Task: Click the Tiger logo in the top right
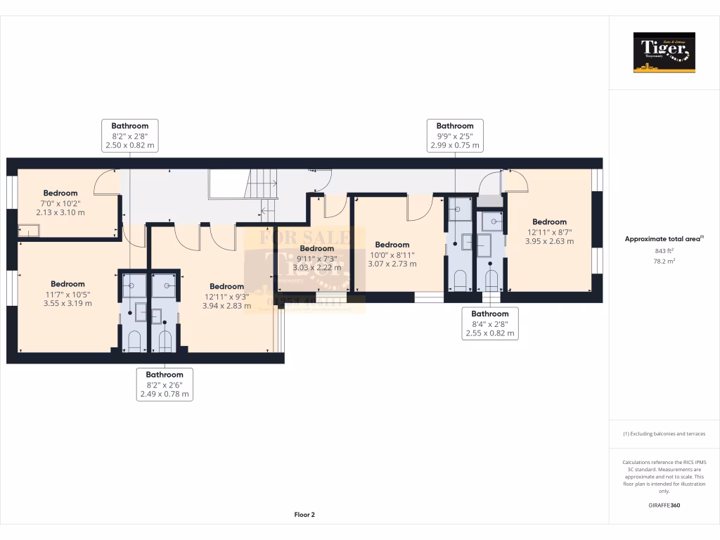coord(664,52)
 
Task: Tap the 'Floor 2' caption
coord(304,515)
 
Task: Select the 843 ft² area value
coord(664,250)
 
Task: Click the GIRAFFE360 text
coord(664,505)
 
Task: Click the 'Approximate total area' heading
coord(664,239)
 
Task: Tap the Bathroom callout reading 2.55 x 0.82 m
coord(489,324)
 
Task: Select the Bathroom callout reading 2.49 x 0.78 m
coord(165,385)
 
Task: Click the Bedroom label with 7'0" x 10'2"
coord(60,202)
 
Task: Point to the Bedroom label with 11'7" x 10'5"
coord(67,294)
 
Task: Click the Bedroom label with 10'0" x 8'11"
coord(392,255)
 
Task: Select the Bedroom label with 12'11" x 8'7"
coord(549,231)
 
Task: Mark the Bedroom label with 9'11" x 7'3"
coord(317,258)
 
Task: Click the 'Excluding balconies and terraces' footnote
coord(664,434)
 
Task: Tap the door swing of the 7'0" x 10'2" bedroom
coord(105,183)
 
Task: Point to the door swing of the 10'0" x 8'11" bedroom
coord(419,207)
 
